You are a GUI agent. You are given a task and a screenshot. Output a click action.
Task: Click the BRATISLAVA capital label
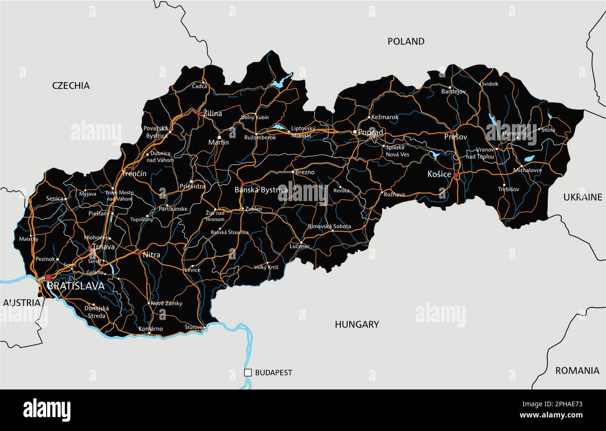point(76,286)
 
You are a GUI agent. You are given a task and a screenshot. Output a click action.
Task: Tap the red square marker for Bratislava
point(48,277)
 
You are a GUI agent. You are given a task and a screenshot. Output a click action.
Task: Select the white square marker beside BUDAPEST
point(248,372)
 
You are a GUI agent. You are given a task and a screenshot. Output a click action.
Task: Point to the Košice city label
point(439,174)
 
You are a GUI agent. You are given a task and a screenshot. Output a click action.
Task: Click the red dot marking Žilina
point(199,113)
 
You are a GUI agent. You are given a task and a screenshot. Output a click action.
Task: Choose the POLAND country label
point(406,42)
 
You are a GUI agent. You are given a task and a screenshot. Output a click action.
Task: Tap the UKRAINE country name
point(583,197)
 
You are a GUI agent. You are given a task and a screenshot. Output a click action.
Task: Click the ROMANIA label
point(577,371)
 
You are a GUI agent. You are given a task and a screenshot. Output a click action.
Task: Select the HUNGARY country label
point(357,324)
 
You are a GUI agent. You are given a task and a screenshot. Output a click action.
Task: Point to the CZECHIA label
point(71,85)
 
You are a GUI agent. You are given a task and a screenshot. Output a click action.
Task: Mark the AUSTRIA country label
point(22,303)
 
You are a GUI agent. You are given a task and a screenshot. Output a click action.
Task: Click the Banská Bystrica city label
point(261,190)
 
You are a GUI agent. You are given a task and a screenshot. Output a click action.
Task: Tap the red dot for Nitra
point(139,254)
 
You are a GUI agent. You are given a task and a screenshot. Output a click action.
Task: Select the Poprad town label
point(371,132)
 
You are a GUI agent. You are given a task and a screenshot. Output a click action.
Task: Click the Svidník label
point(490,84)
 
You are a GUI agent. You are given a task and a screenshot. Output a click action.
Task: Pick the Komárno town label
point(151,329)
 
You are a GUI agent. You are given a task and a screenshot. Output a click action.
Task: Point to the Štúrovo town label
point(193,327)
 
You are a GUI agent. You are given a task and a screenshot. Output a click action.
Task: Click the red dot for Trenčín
point(133,168)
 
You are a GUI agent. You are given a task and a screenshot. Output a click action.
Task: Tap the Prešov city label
point(455,137)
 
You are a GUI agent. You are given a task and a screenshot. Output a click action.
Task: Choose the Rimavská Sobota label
point(329,226)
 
